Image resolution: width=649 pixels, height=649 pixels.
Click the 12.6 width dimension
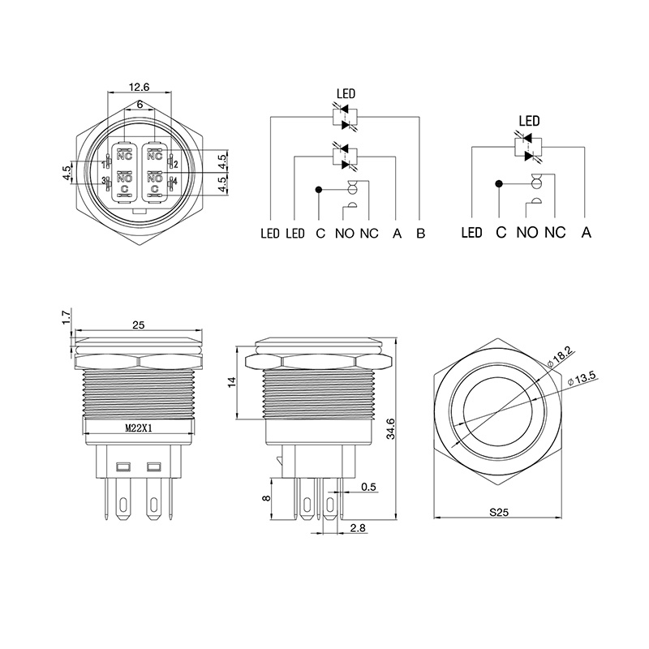point(140,87)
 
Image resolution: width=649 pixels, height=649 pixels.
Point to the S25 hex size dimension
point(498,512)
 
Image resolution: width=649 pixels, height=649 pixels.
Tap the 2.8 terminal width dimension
point(357,528)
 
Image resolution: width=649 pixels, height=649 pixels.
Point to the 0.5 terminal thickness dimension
point(367,487)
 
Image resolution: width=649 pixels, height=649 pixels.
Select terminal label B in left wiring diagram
point(420,234)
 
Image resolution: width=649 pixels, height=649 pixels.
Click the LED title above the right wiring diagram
point(529,122)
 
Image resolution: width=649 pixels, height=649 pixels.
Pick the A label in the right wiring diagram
point(586,233)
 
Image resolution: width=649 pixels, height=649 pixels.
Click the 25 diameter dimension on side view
point(138,324)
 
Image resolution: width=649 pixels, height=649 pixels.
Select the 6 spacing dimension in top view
point(140,105)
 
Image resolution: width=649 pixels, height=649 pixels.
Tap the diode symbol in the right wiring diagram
point(530,148)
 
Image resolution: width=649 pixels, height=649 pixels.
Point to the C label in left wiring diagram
point(320,234)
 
